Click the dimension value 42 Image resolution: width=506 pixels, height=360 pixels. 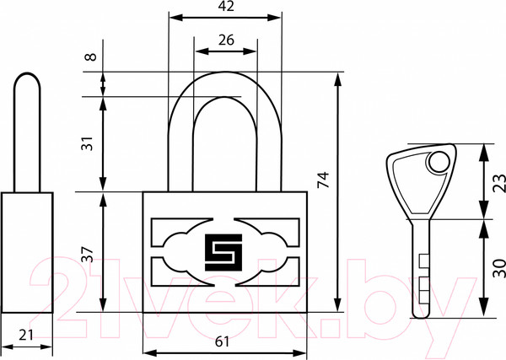tap(226, 7)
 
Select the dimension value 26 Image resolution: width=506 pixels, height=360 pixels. tap(226, 40)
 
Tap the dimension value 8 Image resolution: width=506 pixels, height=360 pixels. tap(91, 56)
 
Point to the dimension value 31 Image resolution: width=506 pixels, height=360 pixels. tap(88, 143)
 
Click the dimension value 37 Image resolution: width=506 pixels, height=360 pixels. tap(88, 255)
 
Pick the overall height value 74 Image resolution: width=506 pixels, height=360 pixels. tap(323, 180)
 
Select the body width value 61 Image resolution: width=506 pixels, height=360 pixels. tap(222, 341)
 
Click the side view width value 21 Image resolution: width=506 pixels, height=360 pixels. tap(26, 336)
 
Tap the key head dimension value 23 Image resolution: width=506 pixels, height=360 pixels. tap(500, 183)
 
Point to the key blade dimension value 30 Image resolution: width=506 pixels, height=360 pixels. tap(500, 268)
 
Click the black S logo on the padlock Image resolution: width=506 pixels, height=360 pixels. tap(223, 252)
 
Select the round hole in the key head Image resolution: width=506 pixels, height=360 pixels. tap(439, 162)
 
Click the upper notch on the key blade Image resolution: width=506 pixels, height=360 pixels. tap(424, 261)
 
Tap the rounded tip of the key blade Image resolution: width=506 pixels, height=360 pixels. tap(422, 315)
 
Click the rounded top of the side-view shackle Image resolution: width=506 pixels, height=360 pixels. tap(27, 78)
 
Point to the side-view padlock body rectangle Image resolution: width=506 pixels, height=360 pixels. tap(27, 253)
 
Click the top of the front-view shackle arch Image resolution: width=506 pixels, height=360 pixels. tap(226, 72)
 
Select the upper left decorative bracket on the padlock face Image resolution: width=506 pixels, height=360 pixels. tap(181, 232)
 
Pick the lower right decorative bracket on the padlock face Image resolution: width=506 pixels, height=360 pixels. tap(267, 271)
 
